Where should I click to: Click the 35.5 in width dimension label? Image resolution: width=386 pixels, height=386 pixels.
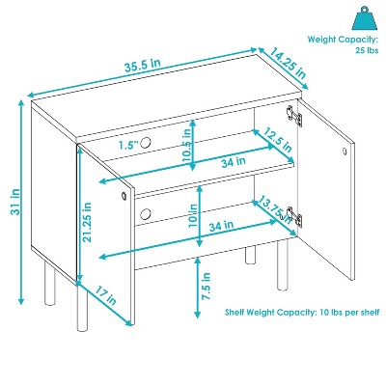143,65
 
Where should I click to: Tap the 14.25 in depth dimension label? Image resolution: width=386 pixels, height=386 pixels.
288,64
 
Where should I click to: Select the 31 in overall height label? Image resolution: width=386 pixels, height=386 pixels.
15,202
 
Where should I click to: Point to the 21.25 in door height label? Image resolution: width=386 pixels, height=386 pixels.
86,222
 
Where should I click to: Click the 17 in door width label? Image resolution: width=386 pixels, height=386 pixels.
105,295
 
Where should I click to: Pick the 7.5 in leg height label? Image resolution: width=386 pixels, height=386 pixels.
206,287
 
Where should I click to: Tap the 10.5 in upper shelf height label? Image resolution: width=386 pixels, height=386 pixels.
188,144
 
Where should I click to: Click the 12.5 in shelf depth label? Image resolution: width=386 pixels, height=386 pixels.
278,140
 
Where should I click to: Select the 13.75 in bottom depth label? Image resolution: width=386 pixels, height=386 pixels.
275,210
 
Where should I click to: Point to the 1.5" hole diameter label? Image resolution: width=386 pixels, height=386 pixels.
127,145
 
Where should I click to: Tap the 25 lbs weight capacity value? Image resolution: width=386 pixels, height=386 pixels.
367,50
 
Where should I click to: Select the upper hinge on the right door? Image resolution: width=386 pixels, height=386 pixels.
294,116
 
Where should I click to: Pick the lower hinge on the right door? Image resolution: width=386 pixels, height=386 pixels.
294,216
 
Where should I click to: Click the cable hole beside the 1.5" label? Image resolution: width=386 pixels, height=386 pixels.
145,142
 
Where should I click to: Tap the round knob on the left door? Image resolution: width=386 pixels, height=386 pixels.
124,196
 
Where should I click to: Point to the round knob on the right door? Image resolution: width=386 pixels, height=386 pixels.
345,151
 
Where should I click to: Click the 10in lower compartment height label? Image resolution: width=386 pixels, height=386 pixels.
193,216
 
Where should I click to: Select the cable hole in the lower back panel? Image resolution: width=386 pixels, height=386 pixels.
146,213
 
